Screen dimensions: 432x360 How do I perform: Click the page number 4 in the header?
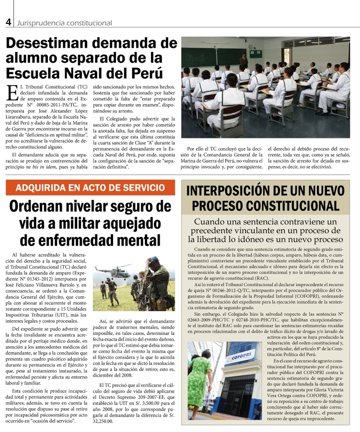[x=8, y=22]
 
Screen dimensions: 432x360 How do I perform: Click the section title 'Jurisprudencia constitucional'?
[x=64, y=23]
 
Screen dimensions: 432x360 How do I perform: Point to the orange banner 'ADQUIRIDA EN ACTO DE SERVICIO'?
[x=90, y=188]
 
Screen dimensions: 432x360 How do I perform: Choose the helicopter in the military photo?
[x=113, y=271]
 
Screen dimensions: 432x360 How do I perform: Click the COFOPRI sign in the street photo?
[x=240, y=358]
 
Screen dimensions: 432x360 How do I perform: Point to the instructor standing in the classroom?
[x=243, y=61]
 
